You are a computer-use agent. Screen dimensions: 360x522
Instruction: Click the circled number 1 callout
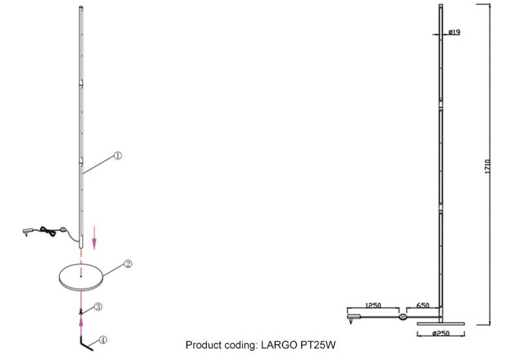click(x=118, y=155)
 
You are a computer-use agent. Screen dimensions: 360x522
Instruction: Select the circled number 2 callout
click(x=128, y=264)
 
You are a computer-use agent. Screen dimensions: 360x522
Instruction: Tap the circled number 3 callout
click(x=97, y=306)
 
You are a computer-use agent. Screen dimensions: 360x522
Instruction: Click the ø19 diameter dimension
click(x=455, y=32)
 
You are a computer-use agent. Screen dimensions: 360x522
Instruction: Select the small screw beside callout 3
click(x=81, y=313)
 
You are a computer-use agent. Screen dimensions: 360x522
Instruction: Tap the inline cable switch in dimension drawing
click(x=403, y=318)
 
